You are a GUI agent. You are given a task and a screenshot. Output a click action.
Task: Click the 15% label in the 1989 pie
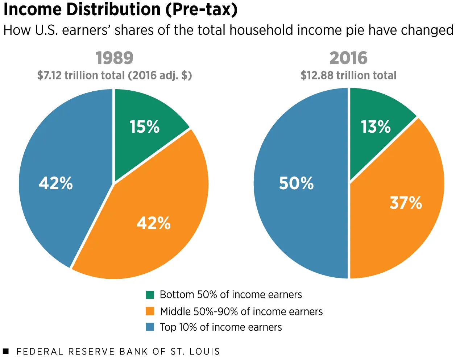pyautogui.click(x=144, y=127)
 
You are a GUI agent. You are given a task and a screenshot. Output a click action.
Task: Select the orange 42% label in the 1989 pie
pyautogui.click(x=153, y=223)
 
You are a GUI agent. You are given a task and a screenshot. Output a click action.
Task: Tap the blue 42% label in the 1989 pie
pyautogui.click(x=56, y=183)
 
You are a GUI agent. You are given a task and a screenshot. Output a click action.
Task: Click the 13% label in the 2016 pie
pyautogui.click(x=376, y=127)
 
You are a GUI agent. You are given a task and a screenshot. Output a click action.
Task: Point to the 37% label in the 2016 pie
pyautogui.click(x=406, y=203)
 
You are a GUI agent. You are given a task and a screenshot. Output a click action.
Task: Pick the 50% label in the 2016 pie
pyautogui.click(x=296, y=183)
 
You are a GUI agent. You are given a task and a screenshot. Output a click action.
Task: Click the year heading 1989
pyautogui.click(x=115, y=58)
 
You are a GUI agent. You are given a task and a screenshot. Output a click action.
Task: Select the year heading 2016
pyautogui.click(x=348, y=58)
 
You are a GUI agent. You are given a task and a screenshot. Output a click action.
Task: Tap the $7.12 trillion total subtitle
pyautogui.click(x=115, y=75)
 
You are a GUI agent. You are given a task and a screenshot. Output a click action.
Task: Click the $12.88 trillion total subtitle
pyautogui.click(x=348, y=75)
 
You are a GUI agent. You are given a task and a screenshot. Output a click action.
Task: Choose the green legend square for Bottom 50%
pyautogui.click(x=150, y=295)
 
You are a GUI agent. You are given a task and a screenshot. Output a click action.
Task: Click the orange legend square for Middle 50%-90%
pyautogui.click(x=150, y=311)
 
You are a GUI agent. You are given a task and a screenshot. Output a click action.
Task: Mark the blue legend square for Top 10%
pyautogui.click(x=150, y=327)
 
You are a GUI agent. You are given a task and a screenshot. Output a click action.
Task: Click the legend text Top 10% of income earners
pyautogui.click(x=221, y=327)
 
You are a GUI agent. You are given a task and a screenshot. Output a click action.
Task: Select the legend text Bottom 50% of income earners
pyautogui.click(x=231, y=294)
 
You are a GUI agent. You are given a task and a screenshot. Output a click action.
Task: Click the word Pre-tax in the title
pyautogui.click(x=202, y=10)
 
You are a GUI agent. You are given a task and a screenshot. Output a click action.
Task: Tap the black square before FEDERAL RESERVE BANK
pyautogui.click(x=5, y=351)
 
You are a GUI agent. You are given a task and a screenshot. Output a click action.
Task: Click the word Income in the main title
pyautogui.click(x=32, y=9)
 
